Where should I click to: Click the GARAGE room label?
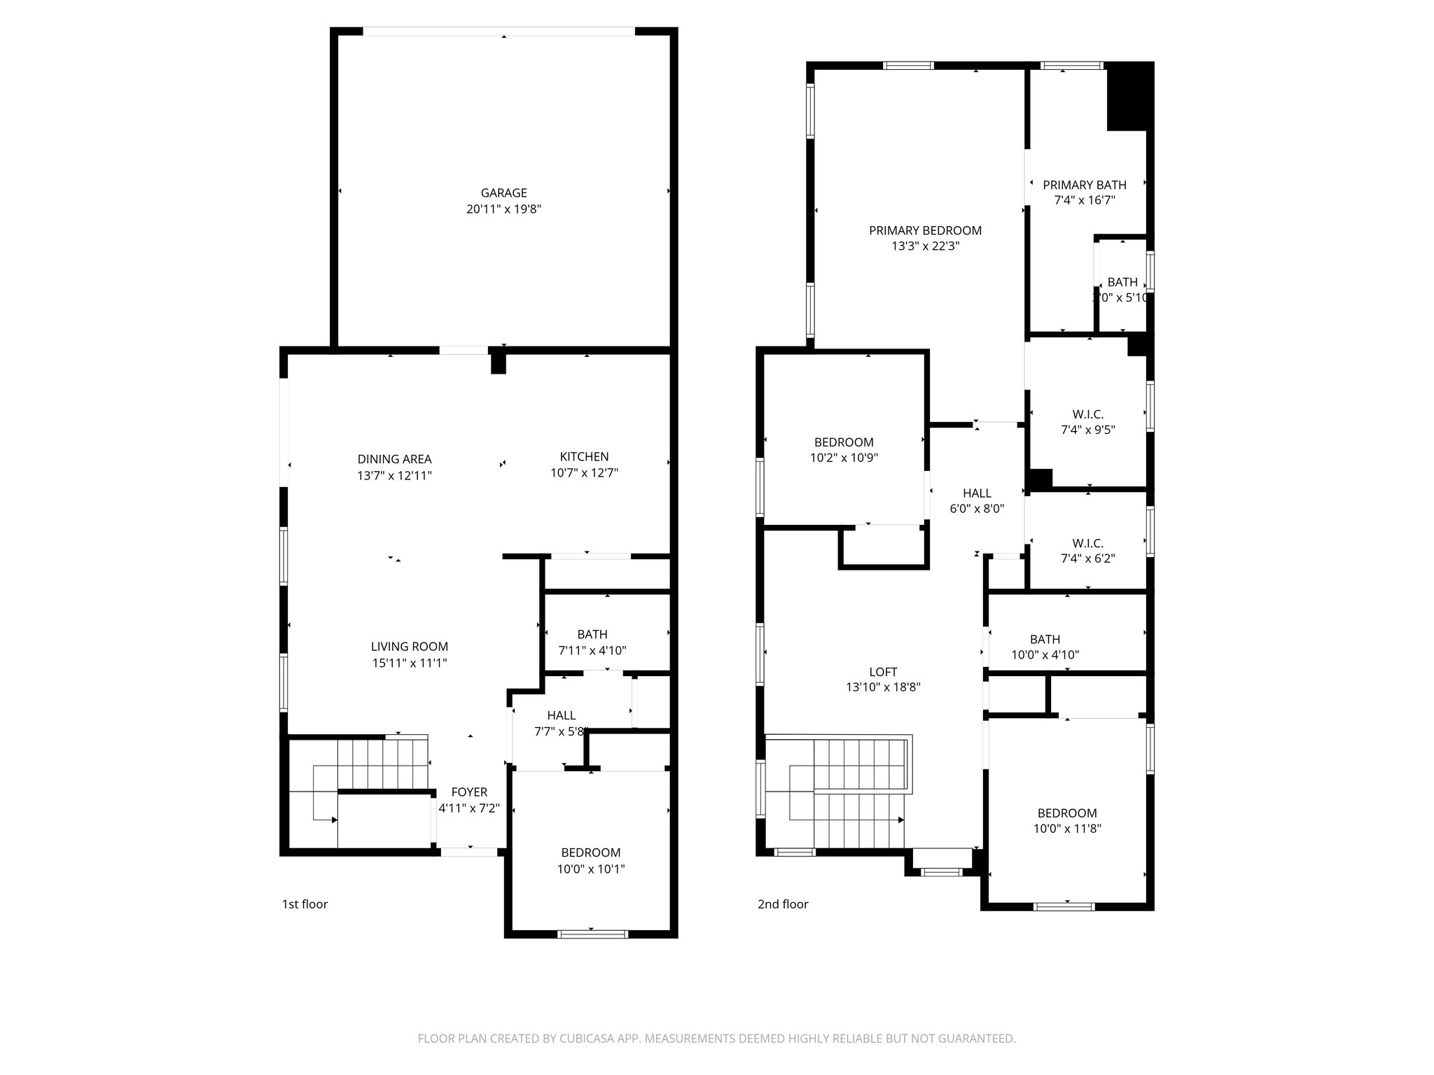503,193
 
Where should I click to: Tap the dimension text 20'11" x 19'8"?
503,209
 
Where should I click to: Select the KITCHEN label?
584,457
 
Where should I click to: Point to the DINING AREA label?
394,460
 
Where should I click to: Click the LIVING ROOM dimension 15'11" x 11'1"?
410,663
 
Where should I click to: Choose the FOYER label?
469,792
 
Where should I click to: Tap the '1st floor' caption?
305,904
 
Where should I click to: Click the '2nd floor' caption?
783,904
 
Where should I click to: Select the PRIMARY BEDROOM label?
925,231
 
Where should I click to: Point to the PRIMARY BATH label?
1085,185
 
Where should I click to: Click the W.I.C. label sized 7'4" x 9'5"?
1087,415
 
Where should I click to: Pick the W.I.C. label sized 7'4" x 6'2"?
1087,544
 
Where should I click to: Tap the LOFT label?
883,673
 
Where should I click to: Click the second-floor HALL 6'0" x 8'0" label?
977,493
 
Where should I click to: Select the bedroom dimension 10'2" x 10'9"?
844,458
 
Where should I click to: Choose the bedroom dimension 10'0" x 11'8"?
1067,829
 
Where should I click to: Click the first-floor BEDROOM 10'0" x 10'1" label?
590,853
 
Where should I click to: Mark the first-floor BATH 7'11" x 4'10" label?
592,635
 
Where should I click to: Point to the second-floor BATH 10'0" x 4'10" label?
1045,640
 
